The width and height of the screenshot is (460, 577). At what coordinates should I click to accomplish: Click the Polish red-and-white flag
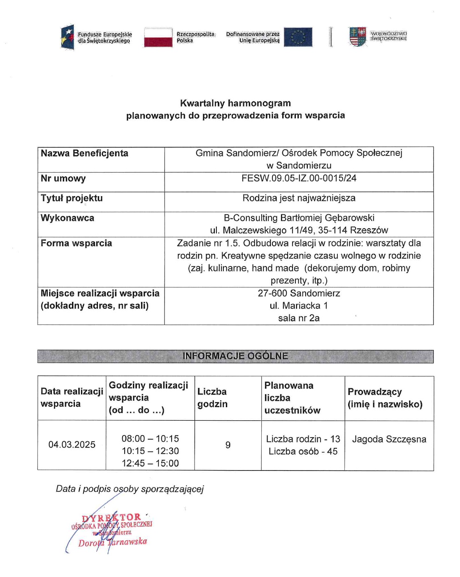tap(158, 37)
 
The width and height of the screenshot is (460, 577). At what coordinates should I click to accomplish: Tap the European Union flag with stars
tap(298, 37)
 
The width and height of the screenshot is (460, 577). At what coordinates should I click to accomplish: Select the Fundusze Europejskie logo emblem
tap(67, 37)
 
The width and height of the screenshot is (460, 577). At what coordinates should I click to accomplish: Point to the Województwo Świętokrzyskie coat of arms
tap(357, 37)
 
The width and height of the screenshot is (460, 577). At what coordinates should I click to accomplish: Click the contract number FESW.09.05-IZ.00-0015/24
tap(299, 178)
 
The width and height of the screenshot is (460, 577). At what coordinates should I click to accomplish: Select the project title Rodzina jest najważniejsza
tap(299, 198)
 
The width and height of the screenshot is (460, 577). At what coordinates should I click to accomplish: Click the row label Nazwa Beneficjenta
tap(84, 153)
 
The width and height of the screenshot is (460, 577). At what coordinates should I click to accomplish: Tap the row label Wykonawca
tap(67, 218)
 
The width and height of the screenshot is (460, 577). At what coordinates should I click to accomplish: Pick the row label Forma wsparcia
tap(76, 243)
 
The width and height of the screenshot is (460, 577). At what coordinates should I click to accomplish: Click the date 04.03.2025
tap(72, 445)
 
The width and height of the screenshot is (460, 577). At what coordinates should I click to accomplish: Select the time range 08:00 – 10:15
tap(150, 438)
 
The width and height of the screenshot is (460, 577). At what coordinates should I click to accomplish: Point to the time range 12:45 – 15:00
tap(150, 463)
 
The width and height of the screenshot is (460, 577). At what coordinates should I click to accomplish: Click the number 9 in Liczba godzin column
tap(228, 445)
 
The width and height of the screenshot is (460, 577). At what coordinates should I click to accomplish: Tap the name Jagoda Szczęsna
tap(389, 439)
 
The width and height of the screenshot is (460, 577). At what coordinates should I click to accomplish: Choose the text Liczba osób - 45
tap(303, 451)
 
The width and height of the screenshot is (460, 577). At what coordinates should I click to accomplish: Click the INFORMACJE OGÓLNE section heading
tap(235, 356)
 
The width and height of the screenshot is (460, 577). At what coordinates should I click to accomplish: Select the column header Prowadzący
tap(374, 392)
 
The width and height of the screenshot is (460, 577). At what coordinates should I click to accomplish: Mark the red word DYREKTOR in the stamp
tap(111, 517)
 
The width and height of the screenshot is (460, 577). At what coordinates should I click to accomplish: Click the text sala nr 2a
tap(299, 318)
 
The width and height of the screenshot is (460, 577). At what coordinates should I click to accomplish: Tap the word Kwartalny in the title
tap(202, 103)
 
